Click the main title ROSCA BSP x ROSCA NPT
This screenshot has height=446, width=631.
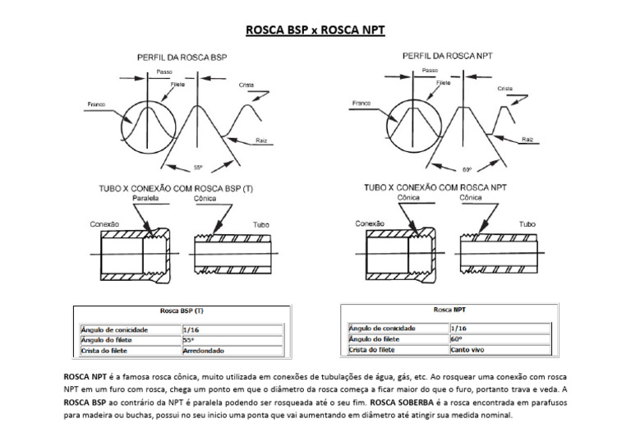tap(315, 31)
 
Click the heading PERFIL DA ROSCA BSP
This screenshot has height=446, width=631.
tap(182, 57)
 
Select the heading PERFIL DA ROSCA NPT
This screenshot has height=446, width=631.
tap(447, 56)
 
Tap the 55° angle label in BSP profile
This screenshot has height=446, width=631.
tap(198, 168)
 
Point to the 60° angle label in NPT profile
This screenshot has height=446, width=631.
tap(467, 169)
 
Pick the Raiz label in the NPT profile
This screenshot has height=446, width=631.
tap(527, 140)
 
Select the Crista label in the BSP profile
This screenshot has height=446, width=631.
tap(246, 85)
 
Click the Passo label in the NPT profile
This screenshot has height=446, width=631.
tap(430, 71)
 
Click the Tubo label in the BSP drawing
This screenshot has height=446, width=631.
tap(260, 223)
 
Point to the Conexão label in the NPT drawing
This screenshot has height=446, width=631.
tap(370, 223)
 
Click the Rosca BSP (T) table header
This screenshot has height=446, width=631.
tap(181, 311)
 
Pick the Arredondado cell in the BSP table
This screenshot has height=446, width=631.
tap(203, 350)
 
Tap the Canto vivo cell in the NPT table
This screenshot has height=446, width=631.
tap(467, 350)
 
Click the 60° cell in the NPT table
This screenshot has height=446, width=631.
tap(455, 338)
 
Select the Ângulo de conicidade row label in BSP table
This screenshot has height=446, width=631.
tap(113, 329)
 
